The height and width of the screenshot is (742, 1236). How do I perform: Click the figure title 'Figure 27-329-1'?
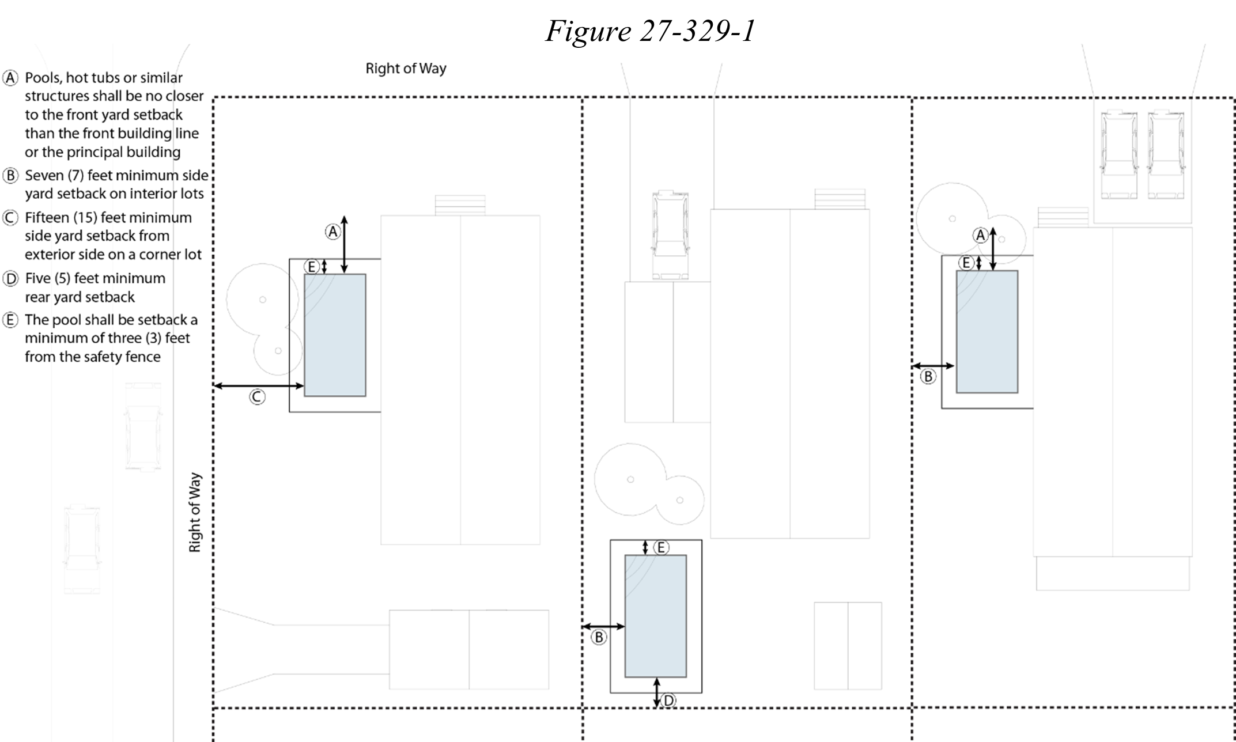(650, 31)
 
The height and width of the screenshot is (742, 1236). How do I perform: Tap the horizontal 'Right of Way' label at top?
(406, 69)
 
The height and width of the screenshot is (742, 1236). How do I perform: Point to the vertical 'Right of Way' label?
(195, 513)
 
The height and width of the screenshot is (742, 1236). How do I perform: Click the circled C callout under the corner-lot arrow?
(257, 396)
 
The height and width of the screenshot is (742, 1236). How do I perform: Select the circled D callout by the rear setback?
(668, 701)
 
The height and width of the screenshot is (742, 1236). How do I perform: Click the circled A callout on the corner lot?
(332, 232)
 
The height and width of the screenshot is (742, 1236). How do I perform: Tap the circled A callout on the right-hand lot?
(980, 235)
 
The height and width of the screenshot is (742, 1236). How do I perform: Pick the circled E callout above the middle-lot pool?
(661, 547)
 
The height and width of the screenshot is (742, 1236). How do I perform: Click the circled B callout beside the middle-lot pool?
(599, 637)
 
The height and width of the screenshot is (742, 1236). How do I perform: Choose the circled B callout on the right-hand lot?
(928, 376)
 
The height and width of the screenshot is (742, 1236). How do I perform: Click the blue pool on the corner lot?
(335, 335)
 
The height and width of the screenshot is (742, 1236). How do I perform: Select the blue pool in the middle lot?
(656, 616)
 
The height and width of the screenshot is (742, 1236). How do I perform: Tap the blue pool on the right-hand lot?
(987, 332)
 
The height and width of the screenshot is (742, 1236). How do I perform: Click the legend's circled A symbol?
(11, 78)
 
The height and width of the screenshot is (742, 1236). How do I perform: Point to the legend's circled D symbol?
(11, 279)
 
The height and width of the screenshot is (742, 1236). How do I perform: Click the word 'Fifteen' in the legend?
(47, 218)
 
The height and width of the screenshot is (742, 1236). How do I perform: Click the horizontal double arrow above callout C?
(259, 386)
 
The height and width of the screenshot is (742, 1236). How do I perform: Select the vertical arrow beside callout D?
(657, 692)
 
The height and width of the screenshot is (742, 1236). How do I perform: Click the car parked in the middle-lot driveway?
(670, 235)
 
